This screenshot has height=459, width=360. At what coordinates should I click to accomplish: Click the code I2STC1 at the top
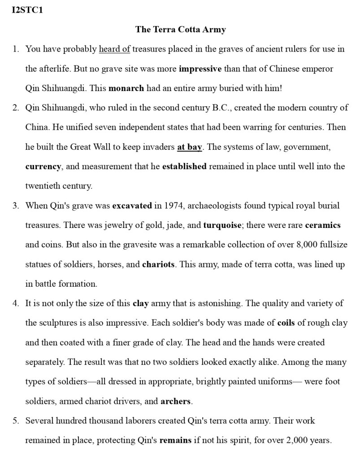click(x=27, y=10)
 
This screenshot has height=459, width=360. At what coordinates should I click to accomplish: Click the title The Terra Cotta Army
click(x=180, y=30)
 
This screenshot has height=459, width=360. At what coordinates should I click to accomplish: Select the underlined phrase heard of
click(x=114, y=49)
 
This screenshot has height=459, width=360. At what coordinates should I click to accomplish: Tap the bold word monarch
click(x=126, y=88)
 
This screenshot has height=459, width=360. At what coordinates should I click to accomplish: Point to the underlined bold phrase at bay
click(x=190, y=147)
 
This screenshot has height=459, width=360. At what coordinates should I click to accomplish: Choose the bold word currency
click(x=43, y=166)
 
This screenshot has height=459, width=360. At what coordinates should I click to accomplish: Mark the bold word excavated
click(x=132, y=205)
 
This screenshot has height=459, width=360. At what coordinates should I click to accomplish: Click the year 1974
click(x=173, y=205)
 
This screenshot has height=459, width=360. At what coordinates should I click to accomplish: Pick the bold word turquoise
click(x=222, y=225)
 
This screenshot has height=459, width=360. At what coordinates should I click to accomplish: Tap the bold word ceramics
click(x=322, y=225)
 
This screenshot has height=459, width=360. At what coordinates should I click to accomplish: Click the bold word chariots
click(x=158, y=264)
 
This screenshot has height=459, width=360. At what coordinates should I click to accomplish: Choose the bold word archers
click(x=175, y=401)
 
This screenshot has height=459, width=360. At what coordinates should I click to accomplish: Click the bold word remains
click(x=176, y=440)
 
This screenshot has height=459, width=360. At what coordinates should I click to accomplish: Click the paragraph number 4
click(x=16, y=303)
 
